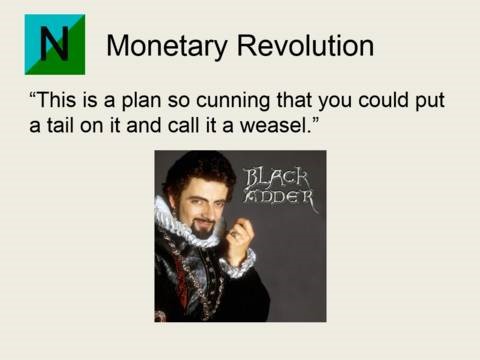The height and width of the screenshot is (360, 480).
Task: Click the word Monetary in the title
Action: pos(167,47)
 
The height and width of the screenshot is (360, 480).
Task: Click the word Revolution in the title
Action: pos(305,45)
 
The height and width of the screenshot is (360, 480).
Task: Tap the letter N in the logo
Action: pos(55,44)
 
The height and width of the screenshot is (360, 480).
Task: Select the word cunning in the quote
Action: pos(232,101)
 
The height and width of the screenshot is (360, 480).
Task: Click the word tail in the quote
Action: pos(61,125)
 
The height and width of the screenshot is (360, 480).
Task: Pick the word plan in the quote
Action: pos(141,101)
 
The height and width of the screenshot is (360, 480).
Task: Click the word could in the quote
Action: pos(383,99)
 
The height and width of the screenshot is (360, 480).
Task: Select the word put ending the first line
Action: pos(430,101)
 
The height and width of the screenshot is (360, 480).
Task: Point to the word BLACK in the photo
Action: pos(276,178)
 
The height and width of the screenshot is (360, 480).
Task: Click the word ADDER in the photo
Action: pos(279,197)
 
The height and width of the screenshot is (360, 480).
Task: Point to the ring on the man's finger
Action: pos(234,234)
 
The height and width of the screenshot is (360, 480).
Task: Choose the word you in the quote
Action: pos(334,102)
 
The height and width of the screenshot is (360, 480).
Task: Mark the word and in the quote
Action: pos(143,125)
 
